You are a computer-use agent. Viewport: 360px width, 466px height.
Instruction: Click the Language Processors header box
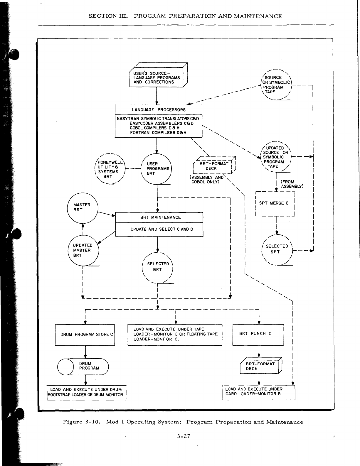pyautogui.click(x=159, y=110)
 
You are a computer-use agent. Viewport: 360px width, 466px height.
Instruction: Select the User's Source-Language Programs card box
pyautogui.click(x=157, y=77)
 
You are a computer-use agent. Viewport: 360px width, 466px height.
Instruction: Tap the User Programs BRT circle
pyautogui.click(x=157, y=169)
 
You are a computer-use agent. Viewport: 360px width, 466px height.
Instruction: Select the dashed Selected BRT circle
pyautogui.click(x=158, y=267)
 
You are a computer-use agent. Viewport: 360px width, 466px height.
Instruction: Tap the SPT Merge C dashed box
pyautogui.click(x=275, y=203)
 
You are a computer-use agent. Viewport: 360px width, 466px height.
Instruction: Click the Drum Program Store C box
pyautogui.click(x=85, y=335)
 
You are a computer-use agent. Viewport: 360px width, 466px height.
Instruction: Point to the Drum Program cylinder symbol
pyautogui.click(x=83, y=367)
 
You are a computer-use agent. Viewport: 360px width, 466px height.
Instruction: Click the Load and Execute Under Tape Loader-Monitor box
pyautogui.click(x=175, y=335)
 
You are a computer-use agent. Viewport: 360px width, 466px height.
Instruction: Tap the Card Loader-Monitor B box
pyautogui.click(x=258, y=392)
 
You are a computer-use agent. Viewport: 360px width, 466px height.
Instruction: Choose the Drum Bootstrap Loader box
pyautogui.click(x=87, y=393)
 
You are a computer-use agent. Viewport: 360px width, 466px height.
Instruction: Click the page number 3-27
pyautogui.click(x=184, y=436)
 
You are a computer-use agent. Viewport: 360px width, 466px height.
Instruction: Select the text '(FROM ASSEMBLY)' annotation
pyautogui.click(x=292, y=184)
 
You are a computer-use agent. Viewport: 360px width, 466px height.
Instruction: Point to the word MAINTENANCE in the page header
pyautogui.click(x=258, y=16)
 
